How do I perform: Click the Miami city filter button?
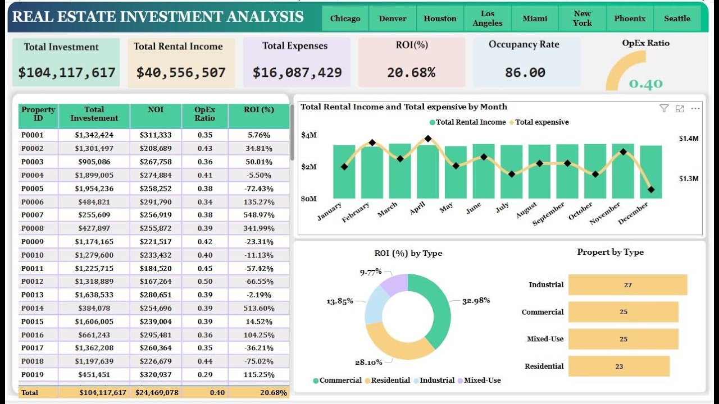535,19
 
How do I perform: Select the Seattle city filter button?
677,19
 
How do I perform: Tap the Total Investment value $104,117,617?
67,72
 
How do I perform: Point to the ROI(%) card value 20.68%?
411,72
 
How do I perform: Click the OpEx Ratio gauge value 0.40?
645,84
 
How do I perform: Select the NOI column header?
156,110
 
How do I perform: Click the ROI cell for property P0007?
258,215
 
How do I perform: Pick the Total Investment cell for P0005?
94,189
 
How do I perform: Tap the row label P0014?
32,308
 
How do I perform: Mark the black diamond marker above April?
428,138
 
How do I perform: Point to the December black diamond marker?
651,190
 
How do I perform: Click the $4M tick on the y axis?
308,135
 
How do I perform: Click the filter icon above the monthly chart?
664,108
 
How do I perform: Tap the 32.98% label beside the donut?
476,300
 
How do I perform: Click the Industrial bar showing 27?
627,285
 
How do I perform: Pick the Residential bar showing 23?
618,366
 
